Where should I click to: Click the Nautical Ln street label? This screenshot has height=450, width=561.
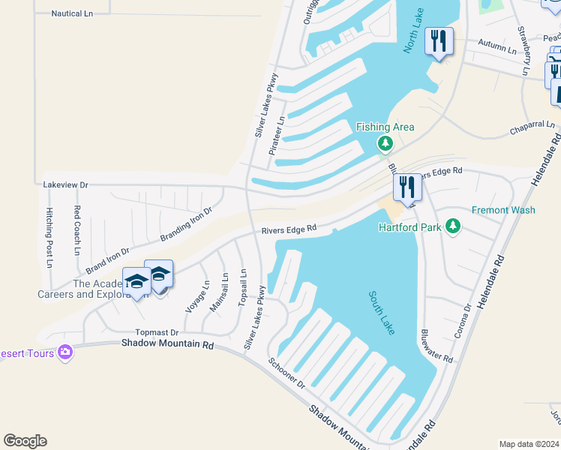72,13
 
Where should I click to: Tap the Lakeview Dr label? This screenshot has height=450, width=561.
66,184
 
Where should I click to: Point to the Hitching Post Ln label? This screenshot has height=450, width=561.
49,237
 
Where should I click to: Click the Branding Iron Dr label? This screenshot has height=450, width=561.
186,225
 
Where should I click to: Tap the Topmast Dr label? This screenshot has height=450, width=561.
157,332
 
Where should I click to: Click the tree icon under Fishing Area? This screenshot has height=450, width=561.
385,143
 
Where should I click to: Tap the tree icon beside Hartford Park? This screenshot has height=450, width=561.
452,226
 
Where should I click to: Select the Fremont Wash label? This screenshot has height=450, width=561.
503,210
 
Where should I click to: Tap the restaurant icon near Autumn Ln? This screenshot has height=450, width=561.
438,41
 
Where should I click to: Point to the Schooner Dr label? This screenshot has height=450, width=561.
287,372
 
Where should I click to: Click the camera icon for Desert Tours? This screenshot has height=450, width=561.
64,351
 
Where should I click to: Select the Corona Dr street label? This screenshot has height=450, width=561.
463,319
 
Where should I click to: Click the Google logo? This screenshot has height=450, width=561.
25,441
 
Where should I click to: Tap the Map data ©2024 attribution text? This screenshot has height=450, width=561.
528,444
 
